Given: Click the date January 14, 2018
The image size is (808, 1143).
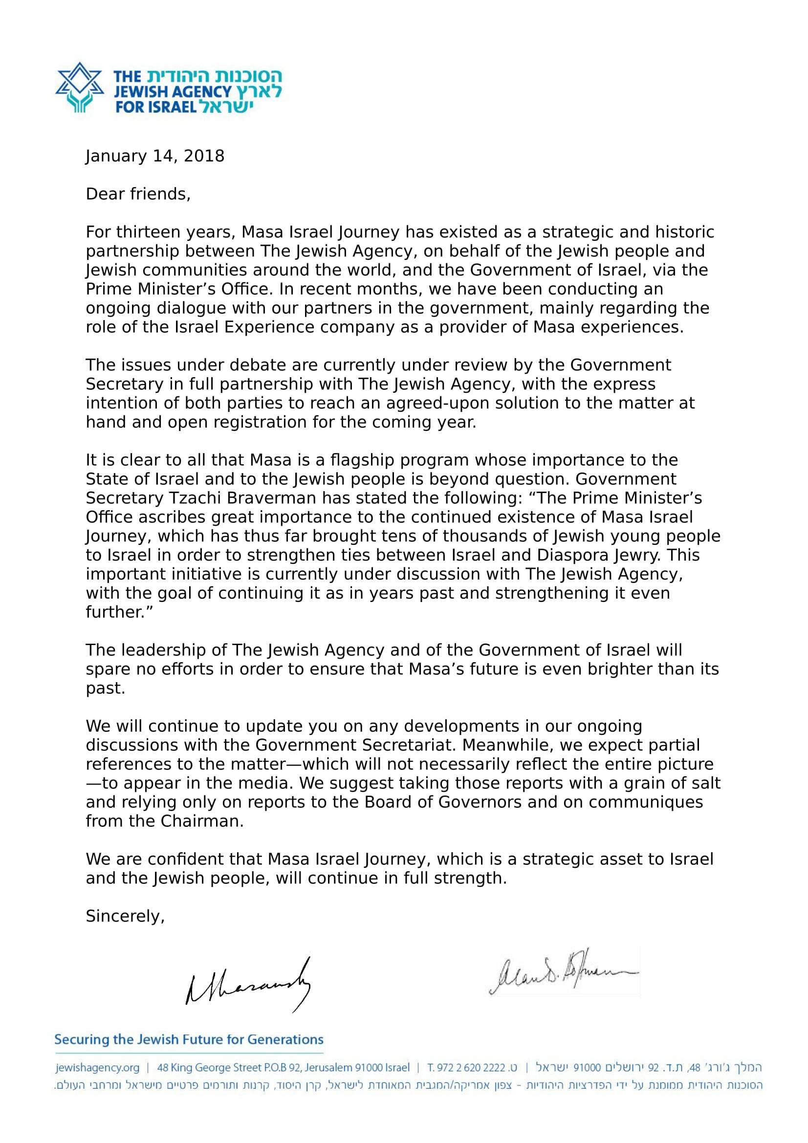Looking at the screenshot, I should click(x=155, y=156).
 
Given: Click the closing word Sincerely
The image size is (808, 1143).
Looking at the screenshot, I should click(x=125, y=916).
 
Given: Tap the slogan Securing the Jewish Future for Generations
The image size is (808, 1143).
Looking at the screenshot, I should click(x=189, y=1040).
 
